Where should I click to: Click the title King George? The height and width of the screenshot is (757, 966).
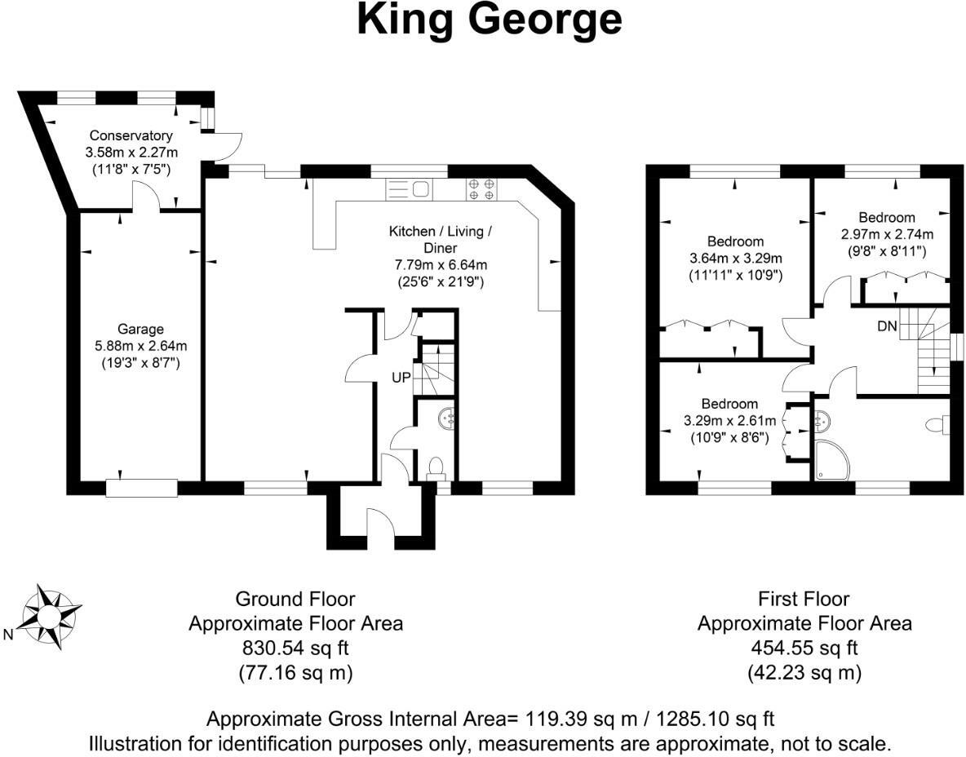pyautogui.click(x=490, y=20)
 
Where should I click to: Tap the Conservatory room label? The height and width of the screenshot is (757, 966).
pyautogui.click(x=131, y=135)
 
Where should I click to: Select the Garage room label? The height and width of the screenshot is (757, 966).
pyautogui.click(x=140, y=330)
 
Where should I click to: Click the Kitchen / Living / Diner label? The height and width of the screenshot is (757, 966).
pyautogui.click(x=441, y=240)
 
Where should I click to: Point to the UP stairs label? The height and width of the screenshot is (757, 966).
pyautogui.click(x=400, y=378)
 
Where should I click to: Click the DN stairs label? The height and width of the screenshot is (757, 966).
pyautogui.click(x=887, y=326)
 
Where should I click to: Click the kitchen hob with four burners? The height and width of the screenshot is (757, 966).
pyautogui.click(x=481, y=189)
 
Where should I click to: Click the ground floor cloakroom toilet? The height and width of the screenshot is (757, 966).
pyautogui.click(x=436, y=467)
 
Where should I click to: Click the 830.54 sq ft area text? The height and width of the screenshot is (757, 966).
pyautogui.click(x=295, y=649)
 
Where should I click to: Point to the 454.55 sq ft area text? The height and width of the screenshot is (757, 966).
pyautogui.click(x=804, y=649)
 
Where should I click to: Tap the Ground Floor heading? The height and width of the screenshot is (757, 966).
pyautogui.click(x=295, y=599)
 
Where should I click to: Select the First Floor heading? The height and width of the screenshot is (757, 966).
pyautogui.click(x=804, y=599)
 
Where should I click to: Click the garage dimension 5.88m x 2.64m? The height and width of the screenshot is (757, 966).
pyautogui.click(x=140, y=345)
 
